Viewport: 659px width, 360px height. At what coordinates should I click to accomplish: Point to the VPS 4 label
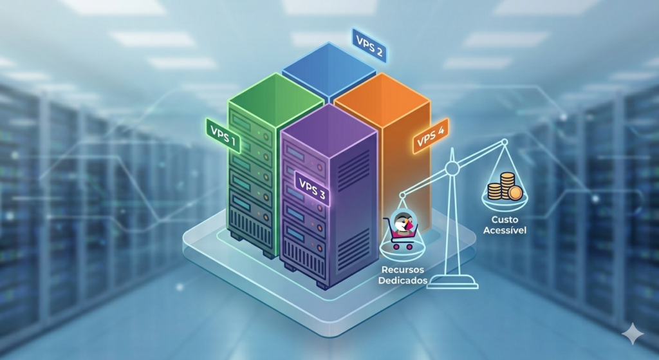[x=431, y=137]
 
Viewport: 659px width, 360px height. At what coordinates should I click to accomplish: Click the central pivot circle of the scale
[x=452, y=168]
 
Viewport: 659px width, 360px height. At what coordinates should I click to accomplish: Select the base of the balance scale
[x=452, y=281]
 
